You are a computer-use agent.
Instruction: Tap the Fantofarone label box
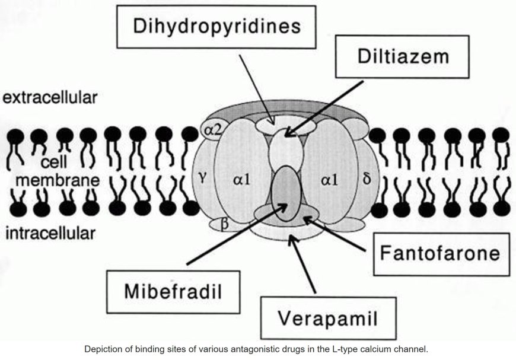coord(441,254)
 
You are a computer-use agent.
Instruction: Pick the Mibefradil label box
coord(174,292)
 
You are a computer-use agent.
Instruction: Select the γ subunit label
coord(202,176)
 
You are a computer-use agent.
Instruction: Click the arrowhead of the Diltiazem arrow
coord(289,133)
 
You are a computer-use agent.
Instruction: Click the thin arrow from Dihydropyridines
coord(256,89)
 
